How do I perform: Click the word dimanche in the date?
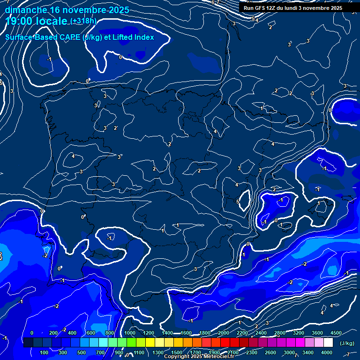(x=25, y=10)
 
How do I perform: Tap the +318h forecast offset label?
(x=83, y=22)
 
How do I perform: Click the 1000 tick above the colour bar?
(x=130, y=333)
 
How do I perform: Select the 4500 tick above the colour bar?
(x=336, y=333)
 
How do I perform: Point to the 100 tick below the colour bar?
(x=44, y=352)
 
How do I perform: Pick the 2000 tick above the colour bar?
(x=224, y=333)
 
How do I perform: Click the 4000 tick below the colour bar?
(x=327, y=352)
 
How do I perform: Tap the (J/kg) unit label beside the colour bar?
(x=346, y=343)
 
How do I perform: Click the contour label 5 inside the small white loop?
(x=238, y=202)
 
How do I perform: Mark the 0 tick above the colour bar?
(x=32, y=333)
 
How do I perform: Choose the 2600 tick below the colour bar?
(x=270, y=352)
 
